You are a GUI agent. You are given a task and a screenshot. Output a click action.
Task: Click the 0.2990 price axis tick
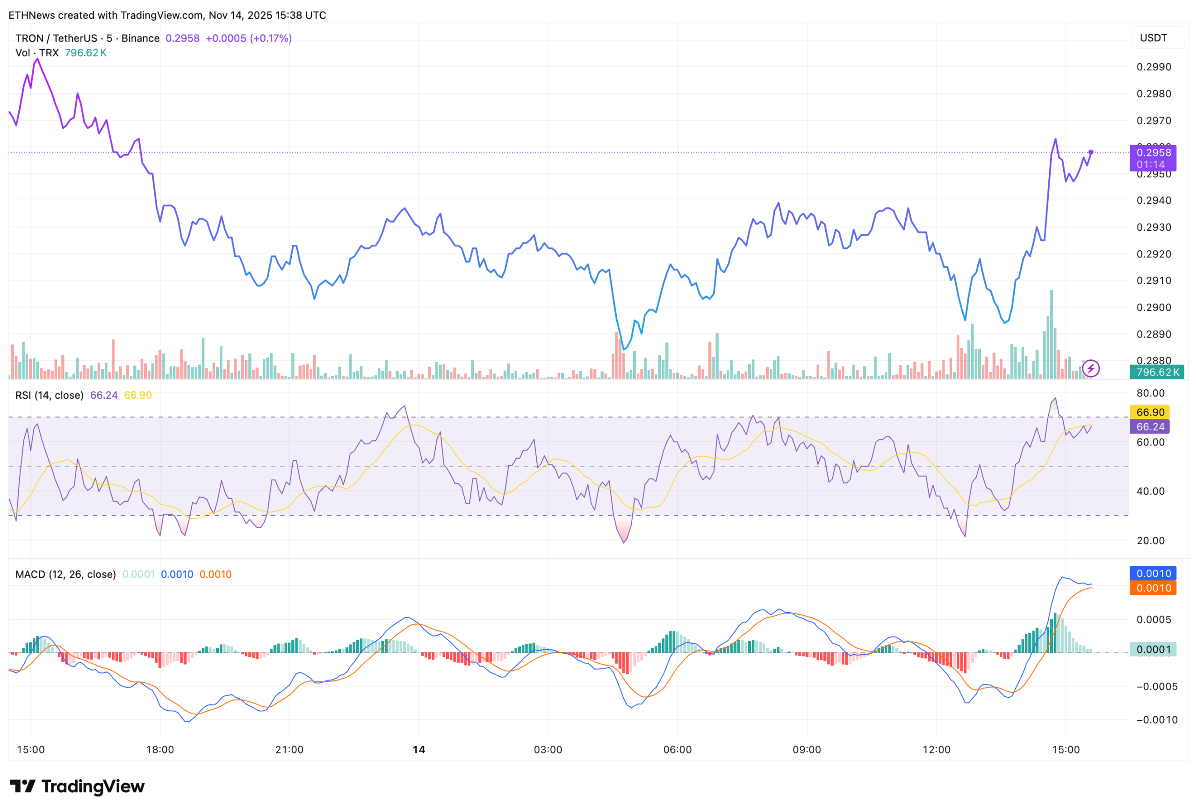[x=1154, y=67]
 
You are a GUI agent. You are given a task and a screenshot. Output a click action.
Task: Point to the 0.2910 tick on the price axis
[x=1154, y=280]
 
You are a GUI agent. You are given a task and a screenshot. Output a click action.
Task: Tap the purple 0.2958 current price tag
[x=1153, y=153]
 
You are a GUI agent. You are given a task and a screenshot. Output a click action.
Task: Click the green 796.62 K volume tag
[x=1156, y=372]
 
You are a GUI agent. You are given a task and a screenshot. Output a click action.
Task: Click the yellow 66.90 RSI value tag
[x=1150, y=412]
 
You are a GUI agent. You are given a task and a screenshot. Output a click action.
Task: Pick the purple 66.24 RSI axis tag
[x=1150, y=427]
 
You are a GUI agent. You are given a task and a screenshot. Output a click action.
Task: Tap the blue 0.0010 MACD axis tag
[x=1153, y=574]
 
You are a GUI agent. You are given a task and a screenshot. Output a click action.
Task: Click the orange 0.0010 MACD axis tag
[x=1153, y=588]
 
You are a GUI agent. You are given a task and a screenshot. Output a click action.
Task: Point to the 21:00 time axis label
[x=289, y=750]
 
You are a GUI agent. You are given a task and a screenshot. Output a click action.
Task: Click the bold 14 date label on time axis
[x=419, y=750]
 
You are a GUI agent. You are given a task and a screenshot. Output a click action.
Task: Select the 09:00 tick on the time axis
[x=807, y=750]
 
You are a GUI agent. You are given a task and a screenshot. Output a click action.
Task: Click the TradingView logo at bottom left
[x=77, y=786]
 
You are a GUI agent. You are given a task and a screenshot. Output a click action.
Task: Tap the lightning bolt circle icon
[x=1090, y=369]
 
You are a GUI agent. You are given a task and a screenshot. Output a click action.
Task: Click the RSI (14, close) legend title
[x=50, y=395]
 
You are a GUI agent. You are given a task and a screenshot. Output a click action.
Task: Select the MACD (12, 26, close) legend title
[x=65, y=574]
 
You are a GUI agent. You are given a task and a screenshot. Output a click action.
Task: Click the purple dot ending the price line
[x=1090, y=152]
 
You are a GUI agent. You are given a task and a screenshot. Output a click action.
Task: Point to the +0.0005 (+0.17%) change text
[x=248, y=38]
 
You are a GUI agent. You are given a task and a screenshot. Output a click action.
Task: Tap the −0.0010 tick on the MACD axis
[x=1156, y=720]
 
